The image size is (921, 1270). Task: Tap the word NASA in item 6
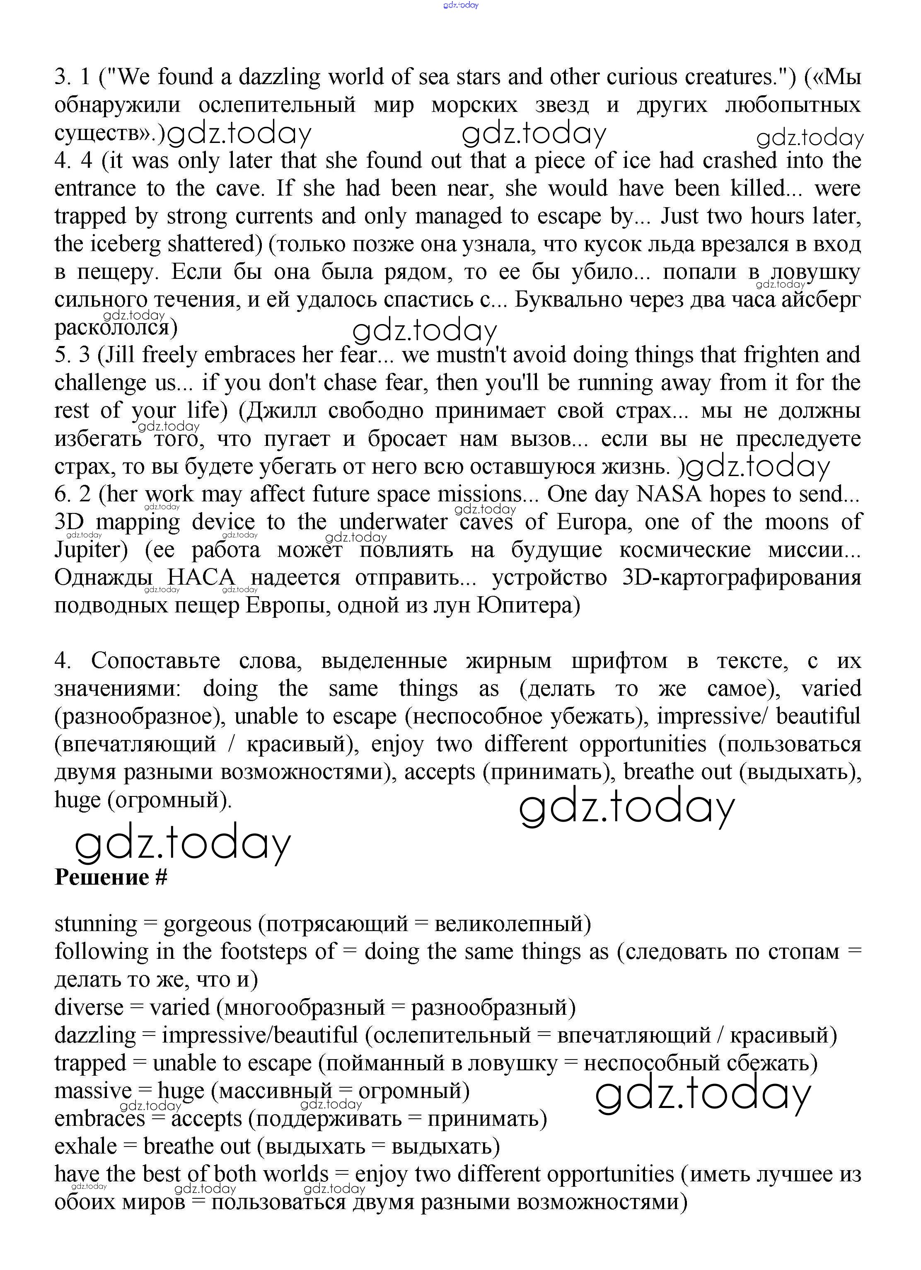click(669, 494)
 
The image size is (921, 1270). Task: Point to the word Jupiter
click(91, 550)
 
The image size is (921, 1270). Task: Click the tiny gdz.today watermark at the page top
click(461, 5)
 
